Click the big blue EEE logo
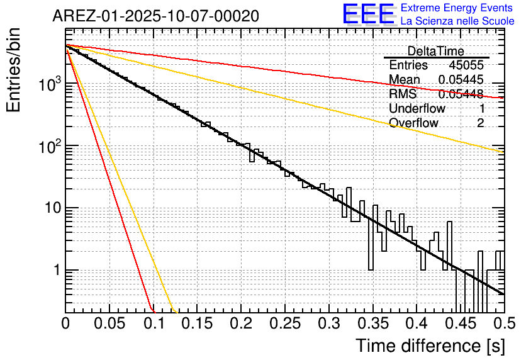coord(368,14)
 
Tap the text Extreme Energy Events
coord(457,8)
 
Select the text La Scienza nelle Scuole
coord(457,21)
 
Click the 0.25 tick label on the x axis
coord(285,324)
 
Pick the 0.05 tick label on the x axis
coord(109,324)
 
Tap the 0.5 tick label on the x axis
coord(504,324)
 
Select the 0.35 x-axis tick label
coord(372,324)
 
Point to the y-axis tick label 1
coord(57,271)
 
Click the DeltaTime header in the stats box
coord(436,51)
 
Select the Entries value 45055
coord(466,65)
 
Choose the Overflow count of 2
coord(480,123)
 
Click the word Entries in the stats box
coord(408,65)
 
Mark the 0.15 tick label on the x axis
coord(197,324)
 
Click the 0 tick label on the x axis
coord(65,324)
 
